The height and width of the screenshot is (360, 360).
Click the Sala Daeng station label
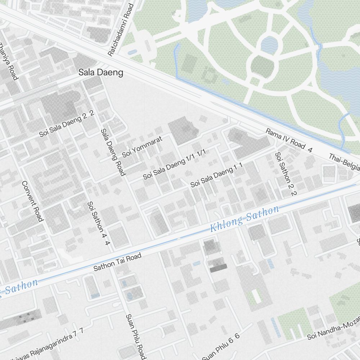coord(101,73)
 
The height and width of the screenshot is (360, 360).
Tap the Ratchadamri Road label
coord(121,30)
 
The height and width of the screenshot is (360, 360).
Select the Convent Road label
coord(32,201)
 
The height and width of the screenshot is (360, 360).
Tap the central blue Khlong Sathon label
coord(244,219)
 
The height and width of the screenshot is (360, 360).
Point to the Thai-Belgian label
coord(344,162)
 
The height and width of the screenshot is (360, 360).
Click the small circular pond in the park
coord(269,45)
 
